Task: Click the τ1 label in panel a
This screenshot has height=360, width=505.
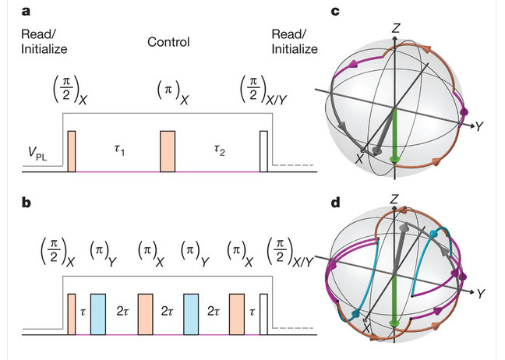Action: coord(118,148)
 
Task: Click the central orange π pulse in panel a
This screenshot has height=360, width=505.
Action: coord(168,150)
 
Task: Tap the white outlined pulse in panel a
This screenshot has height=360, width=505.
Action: coord(263,150)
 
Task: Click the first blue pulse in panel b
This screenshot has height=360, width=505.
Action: coord(97,313)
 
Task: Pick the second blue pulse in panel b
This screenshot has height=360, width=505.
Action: coord(191,313)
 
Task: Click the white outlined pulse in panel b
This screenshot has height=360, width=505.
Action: coord(263,313)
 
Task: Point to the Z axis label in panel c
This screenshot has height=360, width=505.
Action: coord(397,28)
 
